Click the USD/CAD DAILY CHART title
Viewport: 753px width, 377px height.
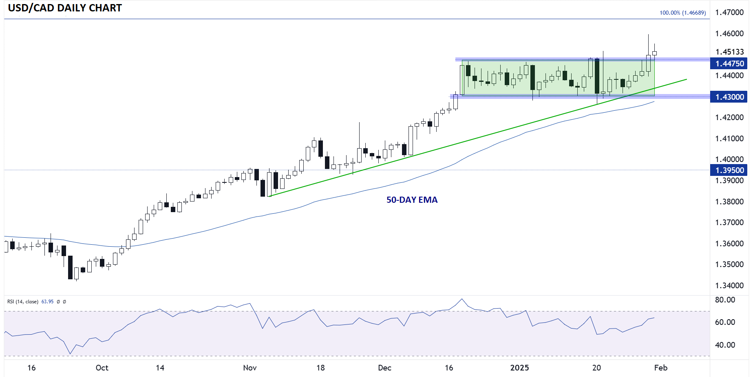pos(65,8)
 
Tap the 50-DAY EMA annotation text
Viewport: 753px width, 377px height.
pos(412,200)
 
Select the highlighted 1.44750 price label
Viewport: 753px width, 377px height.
pos(730,64)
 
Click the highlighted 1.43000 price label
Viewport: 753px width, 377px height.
pos(730,97)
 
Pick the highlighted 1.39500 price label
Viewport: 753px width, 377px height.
pos(730,170)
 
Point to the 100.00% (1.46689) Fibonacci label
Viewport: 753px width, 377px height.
pos(683,13)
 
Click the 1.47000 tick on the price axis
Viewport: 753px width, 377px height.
pos(729,12)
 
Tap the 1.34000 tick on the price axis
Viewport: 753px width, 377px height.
pos(729,285)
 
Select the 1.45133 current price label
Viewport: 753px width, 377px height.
pos(729,52)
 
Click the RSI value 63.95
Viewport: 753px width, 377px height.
pos(47,302)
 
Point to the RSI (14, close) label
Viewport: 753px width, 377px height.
pos(23,302)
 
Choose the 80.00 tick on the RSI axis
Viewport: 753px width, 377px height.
pos(725,300)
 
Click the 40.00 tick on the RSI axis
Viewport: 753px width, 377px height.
pos(725,345)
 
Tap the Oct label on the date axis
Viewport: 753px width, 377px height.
pos(102,368)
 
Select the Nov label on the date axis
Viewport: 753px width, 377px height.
pos(250,368)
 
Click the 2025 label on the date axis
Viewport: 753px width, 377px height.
pos(519,368)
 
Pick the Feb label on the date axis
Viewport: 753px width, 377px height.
pos(661,368)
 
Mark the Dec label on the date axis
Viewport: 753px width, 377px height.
pos(384,368)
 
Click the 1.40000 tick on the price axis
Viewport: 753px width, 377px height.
pos(729,159)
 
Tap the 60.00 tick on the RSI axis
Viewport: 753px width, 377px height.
pos(725,322)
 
